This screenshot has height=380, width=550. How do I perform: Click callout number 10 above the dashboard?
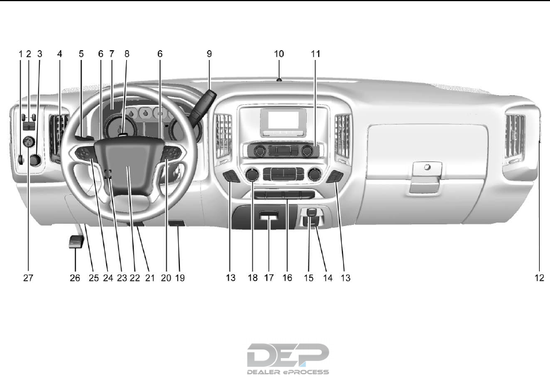[x=279, y=53]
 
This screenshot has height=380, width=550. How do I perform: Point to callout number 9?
[x=209, y=53]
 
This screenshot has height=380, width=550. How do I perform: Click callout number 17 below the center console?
[x=269, y=278]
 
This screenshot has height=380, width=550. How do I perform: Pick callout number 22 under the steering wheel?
[x=134, y=278]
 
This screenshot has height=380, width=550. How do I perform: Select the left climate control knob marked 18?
[x=252, y=175]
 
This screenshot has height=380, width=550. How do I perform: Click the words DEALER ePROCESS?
[x=288, y=372]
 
